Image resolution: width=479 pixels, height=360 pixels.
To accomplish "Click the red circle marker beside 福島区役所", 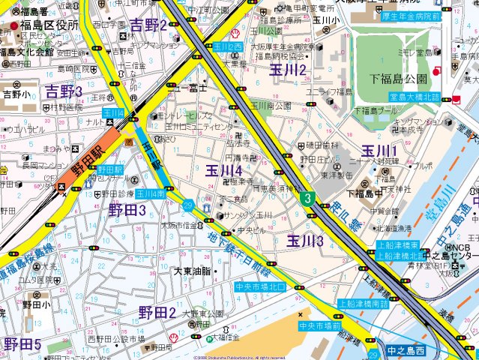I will (14, 26).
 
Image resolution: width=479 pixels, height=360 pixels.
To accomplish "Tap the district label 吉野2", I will (148, 25).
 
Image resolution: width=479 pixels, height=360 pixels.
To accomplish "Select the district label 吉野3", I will (64, 91).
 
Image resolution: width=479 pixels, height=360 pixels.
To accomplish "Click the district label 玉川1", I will (379, 151).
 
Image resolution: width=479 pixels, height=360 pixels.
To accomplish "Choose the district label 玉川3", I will (304, 241).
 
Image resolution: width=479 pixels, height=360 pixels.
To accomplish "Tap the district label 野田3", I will (127, 209).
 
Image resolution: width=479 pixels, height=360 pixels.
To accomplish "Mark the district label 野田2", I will (157, 312).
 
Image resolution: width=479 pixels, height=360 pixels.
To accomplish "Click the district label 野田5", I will (22, 344).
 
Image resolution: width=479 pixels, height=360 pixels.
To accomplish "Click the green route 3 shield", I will (307, 198).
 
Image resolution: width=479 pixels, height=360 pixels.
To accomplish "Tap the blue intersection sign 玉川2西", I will (228, 46).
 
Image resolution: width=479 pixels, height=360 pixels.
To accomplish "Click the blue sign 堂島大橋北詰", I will (414, 97).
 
